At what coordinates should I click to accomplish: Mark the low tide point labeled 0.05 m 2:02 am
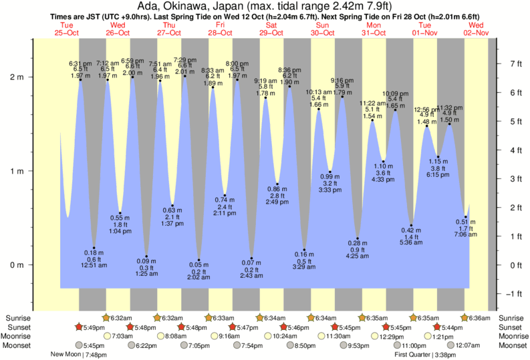click(x=198, y=260)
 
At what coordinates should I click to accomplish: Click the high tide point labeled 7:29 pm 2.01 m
click(x=185, y=75)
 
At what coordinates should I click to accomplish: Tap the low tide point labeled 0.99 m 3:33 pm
click(x=330, y=172)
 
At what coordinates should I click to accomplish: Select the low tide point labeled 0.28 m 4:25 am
click(x=358, y=238)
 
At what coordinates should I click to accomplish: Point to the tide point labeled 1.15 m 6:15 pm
click(x=438, y=157)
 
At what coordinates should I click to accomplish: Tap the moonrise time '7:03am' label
click(x=122, y=336)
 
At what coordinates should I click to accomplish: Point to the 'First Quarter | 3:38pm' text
click(x=426, y=355)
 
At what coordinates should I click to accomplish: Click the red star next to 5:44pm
click(x=437, y=327)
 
